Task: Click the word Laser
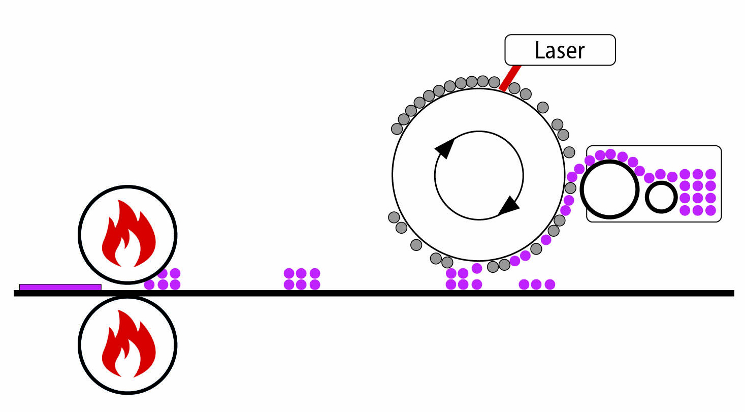[x=560, y=50]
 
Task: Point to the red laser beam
[x=510, y=78]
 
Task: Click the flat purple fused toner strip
[x=60, y=287]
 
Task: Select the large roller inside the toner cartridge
[x=609, y=189]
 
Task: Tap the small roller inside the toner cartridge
[x=661, y=197]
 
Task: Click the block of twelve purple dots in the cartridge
[x=698, y=192]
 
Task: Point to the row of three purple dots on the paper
[x=536, y=284]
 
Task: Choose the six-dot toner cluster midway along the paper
[x=302, y=279]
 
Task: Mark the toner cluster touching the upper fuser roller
[x=163, y=279]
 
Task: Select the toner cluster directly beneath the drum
[x=463, y=278]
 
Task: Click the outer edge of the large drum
[x=393, y=175]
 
